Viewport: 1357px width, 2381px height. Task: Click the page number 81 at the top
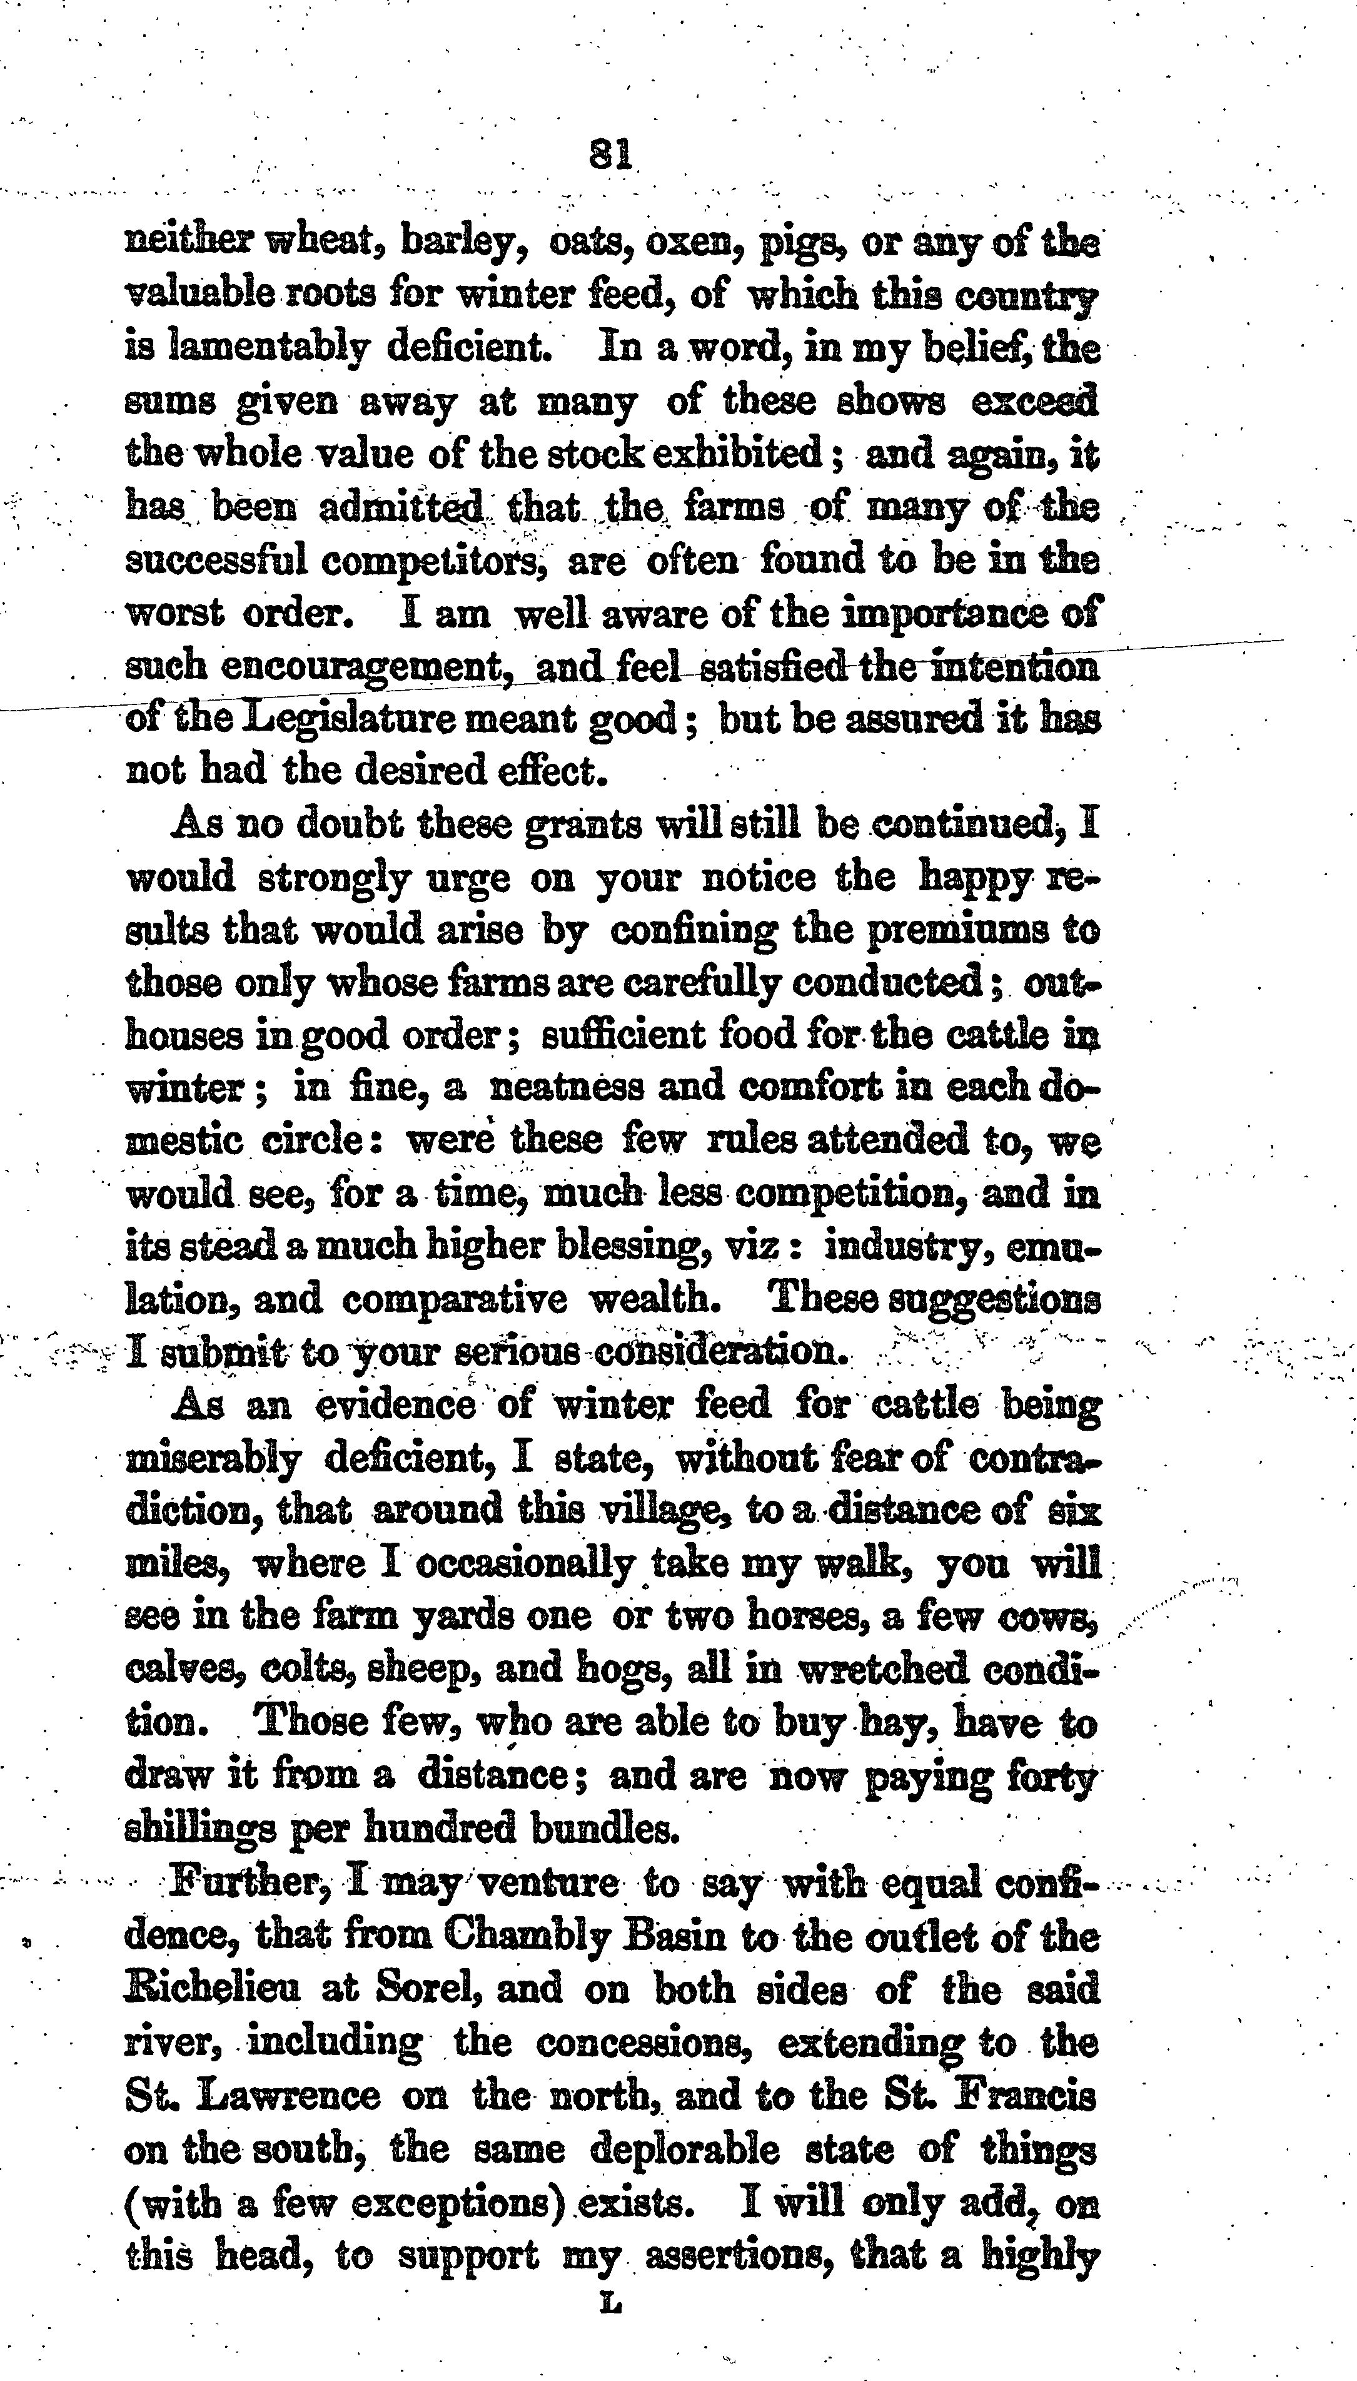click(612, 155)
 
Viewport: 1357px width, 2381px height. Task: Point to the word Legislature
click(373, 719)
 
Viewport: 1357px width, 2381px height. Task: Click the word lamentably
click(266, 348)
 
